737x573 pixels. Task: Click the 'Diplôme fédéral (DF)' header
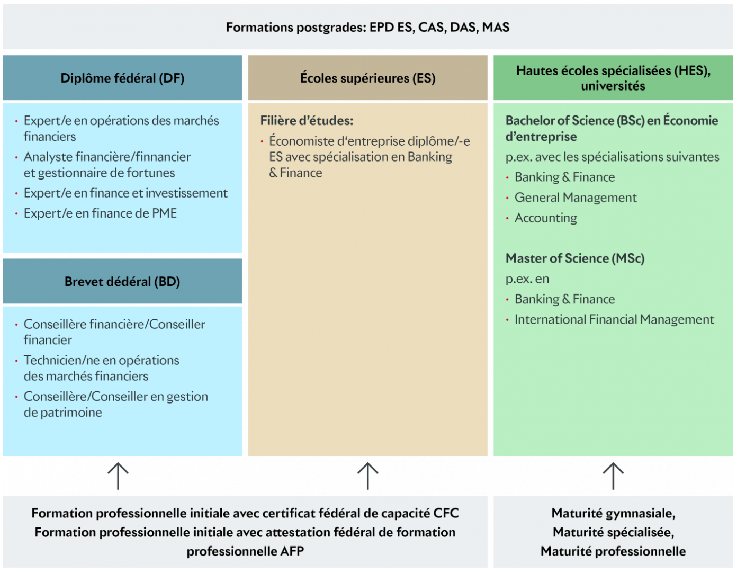tap(122, 78)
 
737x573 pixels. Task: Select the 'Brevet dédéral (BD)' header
tap(122, 282)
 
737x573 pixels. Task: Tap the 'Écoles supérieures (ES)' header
tap(367, 78)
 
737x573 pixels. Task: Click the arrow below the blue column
tap(118, 476)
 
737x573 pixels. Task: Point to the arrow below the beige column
tap(367, 476)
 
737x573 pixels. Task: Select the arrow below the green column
tap(613, 476)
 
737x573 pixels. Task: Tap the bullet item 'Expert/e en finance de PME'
tap(100, 213)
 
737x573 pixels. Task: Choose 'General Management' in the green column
tap(576, 198)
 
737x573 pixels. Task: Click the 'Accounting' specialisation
tap(546, 218)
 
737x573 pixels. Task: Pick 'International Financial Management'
tap(614, 319)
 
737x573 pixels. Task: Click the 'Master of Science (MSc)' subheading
tap(575, 258)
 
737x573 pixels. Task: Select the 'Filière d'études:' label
tap(307, 120)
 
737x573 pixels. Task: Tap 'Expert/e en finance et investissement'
tap(125, 193)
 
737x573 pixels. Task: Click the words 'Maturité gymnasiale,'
tap(613, 513)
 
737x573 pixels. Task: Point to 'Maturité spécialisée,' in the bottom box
tap(613, 532)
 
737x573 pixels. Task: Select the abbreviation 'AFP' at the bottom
tap(292, 551)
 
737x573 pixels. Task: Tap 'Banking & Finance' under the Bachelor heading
tap(565, 177)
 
